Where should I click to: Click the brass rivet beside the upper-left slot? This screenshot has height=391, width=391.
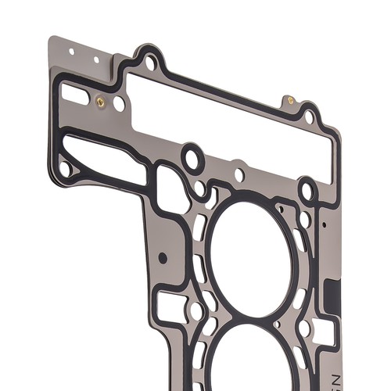point(100,101)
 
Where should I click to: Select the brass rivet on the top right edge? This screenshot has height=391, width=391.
point(291,100)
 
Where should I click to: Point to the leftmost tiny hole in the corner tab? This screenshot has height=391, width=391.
point(71,52)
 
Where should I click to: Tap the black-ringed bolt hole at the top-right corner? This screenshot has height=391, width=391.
point(310,118)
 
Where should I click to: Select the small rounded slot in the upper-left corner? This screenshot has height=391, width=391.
point(75,94)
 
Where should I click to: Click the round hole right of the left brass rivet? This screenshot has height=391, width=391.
point(119,102)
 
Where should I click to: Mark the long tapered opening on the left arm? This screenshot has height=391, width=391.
point(102,159)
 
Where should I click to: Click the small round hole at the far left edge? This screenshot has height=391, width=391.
point(65,168)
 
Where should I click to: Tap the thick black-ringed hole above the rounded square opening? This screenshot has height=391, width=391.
point(192,159)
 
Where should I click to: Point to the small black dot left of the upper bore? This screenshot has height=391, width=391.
point(163,256)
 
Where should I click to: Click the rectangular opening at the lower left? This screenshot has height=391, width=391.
point(170,306)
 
